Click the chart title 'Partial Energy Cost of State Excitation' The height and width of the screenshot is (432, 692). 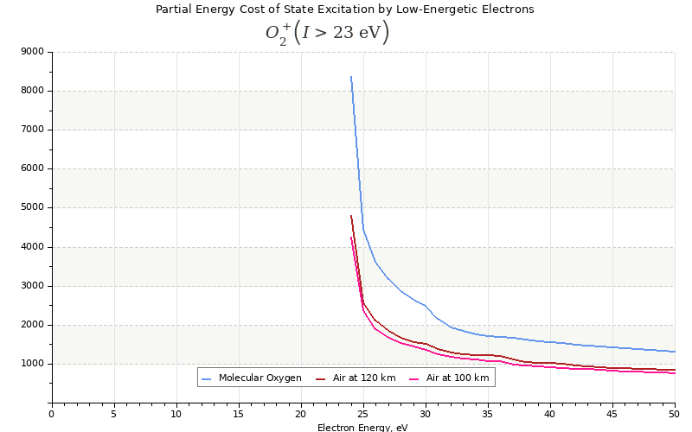point(344,10)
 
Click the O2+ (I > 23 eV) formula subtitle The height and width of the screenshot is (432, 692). point(327,34)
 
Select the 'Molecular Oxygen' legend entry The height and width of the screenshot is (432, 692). point(259,378)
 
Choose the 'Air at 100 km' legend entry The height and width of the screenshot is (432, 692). point(457,378)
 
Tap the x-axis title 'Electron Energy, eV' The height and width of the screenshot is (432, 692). point(362,427)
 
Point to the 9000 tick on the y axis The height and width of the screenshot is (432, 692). point(33,52)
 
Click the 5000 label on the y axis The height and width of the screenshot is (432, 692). point(33,208)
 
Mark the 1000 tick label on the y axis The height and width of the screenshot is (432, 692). point(33,364)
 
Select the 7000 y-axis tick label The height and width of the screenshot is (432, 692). point(33,130)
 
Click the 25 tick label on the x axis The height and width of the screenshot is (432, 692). point(363,414)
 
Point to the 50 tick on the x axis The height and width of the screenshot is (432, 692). point(675,414)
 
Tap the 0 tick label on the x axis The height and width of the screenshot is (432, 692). point(52,414)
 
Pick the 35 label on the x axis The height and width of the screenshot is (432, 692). point(488,414)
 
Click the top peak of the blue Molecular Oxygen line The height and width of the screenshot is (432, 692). point(350,76)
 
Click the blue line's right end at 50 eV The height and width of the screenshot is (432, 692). point(674,352)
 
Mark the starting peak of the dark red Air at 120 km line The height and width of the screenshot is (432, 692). point(350,215)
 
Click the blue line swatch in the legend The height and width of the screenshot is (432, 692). point(207,378)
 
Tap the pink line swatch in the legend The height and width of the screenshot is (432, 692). point(414,378)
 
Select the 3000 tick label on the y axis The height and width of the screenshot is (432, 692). point(33,286)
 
